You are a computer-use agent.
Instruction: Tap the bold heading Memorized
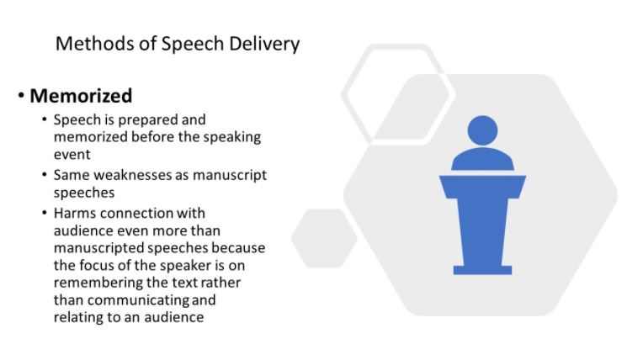(x=81, y=96)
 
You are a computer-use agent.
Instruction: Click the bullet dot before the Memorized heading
(x=21, y=96)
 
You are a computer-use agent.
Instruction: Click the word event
(x=72, y=155)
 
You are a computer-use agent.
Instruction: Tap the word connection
(x=136, y=213)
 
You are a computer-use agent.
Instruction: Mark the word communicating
(x=138, y=300)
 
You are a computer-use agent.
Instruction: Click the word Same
(x=72, y=175)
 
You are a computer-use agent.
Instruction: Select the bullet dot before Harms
(x=45, y=213)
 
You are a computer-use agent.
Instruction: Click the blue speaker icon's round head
(x=482, y=130)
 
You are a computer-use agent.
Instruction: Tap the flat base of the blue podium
(x=482, y=270)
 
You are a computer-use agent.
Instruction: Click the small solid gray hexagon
(x=324, y=238)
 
